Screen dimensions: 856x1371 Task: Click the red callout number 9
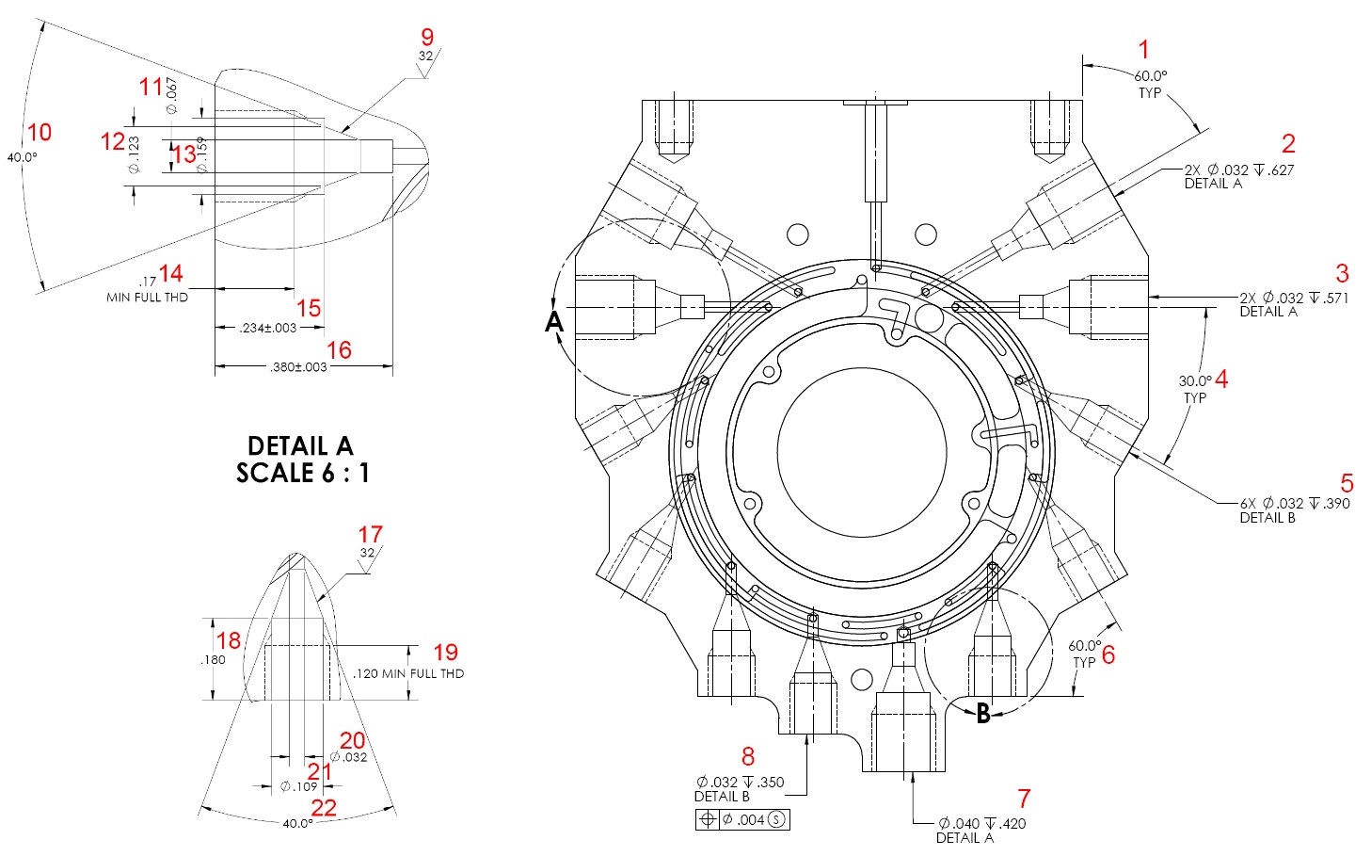(427, 38)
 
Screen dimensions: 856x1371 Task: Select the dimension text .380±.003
(298, 366)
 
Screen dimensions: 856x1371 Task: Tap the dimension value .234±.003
(268, 328)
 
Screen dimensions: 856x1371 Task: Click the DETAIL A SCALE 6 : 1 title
(301, 459)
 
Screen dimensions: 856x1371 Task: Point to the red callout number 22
(324, 807)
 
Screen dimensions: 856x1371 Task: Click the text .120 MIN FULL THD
(408, 673)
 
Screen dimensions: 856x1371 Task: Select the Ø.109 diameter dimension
(298, 786)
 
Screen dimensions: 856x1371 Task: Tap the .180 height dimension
(214, 659)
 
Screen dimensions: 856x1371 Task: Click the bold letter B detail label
(983, 713)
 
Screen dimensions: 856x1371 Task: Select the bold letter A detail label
(554, 322)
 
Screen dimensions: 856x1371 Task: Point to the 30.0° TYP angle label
(1195, 389)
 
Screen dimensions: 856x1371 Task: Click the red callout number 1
(1144, 49)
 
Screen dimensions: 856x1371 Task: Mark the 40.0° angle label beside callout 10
(22, 157)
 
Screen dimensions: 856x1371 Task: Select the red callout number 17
(370, 535)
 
